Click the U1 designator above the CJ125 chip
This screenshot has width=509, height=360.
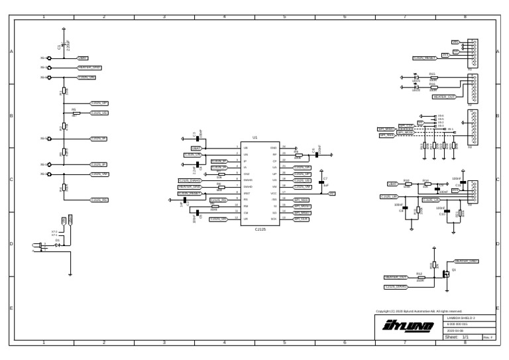tap(255, 137)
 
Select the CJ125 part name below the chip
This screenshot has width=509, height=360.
tap(260, 229)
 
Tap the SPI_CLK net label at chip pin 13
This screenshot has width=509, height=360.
tap(301, 219)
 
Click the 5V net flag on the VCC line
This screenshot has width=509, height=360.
tap(332, 193)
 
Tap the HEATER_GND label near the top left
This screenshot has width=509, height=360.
tap(89, 68)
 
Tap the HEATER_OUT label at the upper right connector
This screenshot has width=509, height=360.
tap(443, 97)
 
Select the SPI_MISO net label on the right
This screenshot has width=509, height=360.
tap(386, 129)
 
